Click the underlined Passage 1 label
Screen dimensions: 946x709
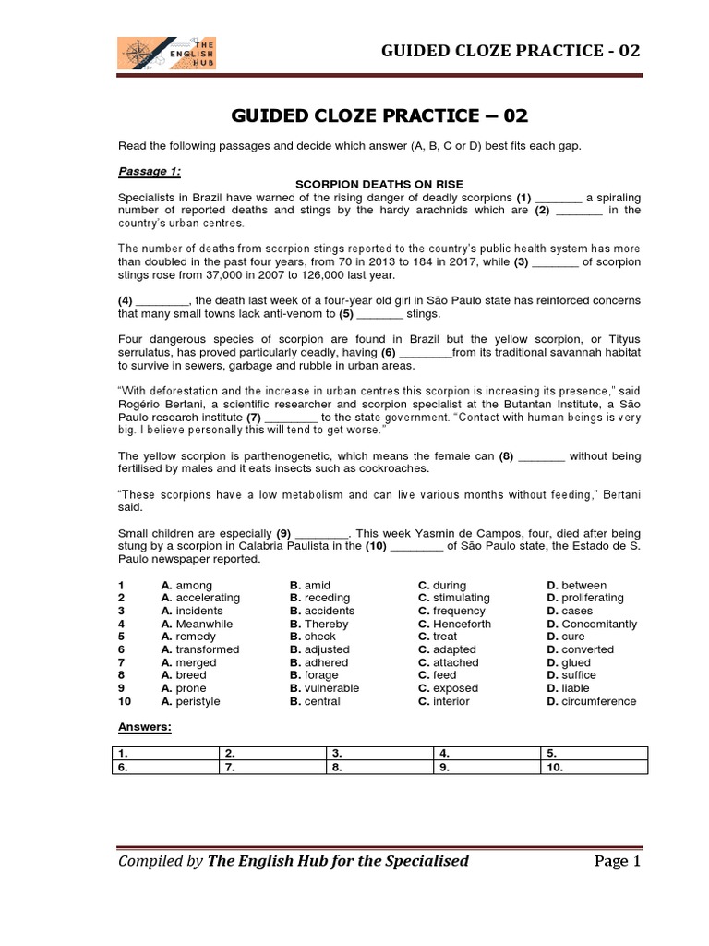pyautogui.click(x=150, y=171)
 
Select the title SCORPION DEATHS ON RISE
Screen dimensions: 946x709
pyautogui.click(x=379, y=184)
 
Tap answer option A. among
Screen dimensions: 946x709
pyautogui.click(x=186, y=586)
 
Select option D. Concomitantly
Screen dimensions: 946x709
pyautogui.click(x=591, y=624)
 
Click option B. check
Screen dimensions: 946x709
pyautogui.click(x=313, y=637)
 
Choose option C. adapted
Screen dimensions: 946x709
pyautogui.click(x=450, y=649)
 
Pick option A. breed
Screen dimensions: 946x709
pyautogui.click(x=184, y=675)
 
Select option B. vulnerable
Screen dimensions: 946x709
pyautogui.click(x=324, y=688)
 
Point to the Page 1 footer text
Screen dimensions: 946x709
pyautogui.click(x=616, y=861)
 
